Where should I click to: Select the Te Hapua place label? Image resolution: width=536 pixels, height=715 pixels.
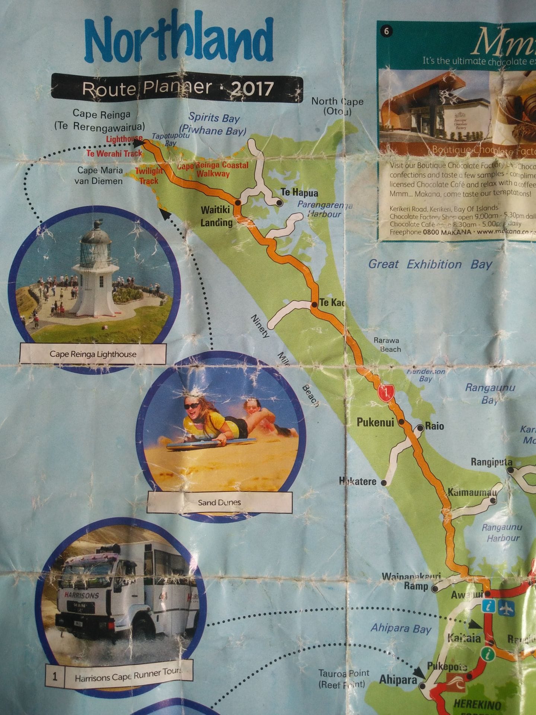pyautogui.click(x=299, y=193)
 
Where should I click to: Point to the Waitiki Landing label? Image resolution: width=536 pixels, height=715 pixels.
pyautogui.click(x=216, y=216)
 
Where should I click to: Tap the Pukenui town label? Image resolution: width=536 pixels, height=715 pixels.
pyautogui.click(x=375, y=422)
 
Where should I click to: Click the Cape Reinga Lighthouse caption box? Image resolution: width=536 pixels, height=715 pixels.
pyautogui.click(x=93, y=354)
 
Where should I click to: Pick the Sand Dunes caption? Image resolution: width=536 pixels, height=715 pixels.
pyautogui.click(x=219, y=502)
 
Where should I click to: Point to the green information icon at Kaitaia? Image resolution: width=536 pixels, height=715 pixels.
pyautogui.click(x=486, y=653)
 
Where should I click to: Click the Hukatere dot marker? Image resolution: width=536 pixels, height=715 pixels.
pyautogui.click(x=384, y=483)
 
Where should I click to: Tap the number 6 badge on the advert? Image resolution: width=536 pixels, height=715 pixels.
pyautogui.click(x=386, y=31)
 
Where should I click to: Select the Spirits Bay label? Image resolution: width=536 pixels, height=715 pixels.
pyautogui.click(x=214, y=118)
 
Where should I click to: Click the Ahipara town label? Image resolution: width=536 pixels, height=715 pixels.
pyautogui.click(x=398, y=680)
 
